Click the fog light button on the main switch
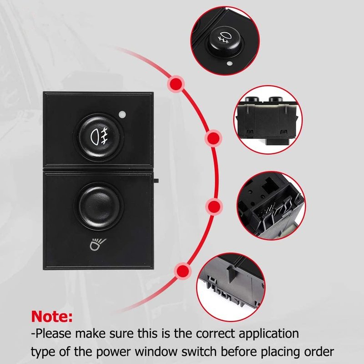point(99,137)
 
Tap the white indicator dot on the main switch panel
point(122,114)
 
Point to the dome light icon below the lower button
point(98,244)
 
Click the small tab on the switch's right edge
point(156,180)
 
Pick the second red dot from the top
point(213,138)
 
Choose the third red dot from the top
point(214,207)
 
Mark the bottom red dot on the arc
point(183,271)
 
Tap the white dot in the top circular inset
point(229,63)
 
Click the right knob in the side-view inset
point(276,99)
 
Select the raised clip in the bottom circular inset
point(231,274)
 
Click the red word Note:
point(52,316)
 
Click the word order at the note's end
point(320,351)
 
